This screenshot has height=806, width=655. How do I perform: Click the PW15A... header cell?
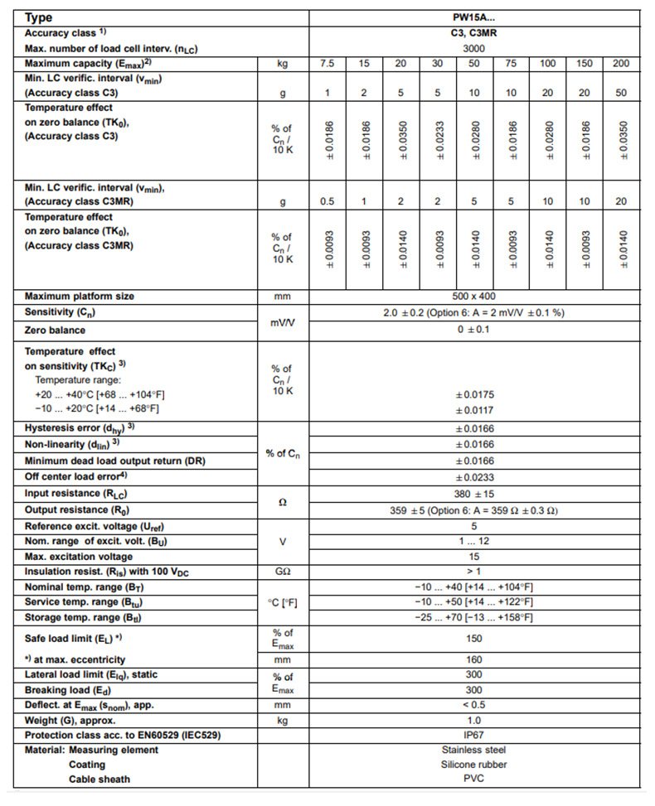pyautogui.click(x=474, y=17)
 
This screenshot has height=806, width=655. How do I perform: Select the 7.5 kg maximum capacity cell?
pyautogui.click(x=327, y=64)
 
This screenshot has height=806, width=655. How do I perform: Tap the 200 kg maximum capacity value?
pyautogui.click(x=621, y=64)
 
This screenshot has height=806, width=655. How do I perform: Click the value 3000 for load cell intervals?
pyautogui.click(x=474, y=49)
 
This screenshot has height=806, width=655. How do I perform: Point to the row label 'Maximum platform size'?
pyautogui.click(x=80, y=297)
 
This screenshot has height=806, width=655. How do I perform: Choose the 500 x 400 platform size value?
pyautogui.click(x=474, y=297)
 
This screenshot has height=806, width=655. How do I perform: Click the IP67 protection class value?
pyautogui.click(x=474, y=735)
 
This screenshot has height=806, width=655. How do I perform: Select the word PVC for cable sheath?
pyautogui.click(x=474, y=779)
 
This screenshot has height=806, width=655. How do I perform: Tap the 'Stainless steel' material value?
pyautogui.click(x=474, y=750)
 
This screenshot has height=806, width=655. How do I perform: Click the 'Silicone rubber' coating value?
pyautogui.click(x=474, y=765)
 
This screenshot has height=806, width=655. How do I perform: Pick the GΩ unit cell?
pyautogui.click(x=282, y=572)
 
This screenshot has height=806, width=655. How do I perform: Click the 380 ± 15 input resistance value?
pyautogui.click(x=474, y=494)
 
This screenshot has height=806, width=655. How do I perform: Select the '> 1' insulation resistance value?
pyautogui.click(x=474, y=572)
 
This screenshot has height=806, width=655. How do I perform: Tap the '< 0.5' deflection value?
pyautogui.click(x=474, y=705)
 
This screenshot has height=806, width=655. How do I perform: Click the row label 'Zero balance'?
pyautogui.click(x=56, y=330)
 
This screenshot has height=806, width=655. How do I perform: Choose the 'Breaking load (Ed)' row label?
pyautogui.click(x=68, y=690)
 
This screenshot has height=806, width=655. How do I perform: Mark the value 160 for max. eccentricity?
pyautogui.click(x=474, y=660)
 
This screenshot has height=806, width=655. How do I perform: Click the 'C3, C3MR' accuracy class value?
pyautogui.click(x=474, y=33)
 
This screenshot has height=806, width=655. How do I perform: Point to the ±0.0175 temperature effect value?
pyautogui.click(x=474, y=395)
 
